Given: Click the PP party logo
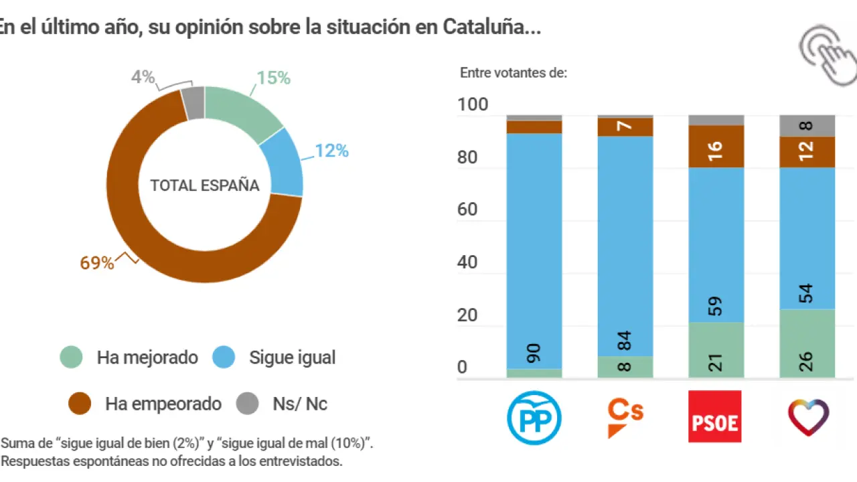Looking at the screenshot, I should point(534,417).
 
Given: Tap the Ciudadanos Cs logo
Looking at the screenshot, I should point(625,417).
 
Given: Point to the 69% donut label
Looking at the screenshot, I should point(97,263).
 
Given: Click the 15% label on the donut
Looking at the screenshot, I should point(274,78).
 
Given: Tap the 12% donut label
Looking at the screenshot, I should point(332,151).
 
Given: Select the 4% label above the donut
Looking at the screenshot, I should point(143,77).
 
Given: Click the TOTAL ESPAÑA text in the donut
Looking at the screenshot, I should point(204,185).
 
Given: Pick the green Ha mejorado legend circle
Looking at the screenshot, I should point(71,357).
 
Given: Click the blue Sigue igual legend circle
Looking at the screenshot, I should point(224,357).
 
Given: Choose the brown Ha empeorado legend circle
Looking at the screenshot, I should point(80,404).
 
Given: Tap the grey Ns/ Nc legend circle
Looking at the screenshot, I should point(247,404).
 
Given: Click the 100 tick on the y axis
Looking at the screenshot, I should point(473,105).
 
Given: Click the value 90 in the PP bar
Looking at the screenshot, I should point(534,353).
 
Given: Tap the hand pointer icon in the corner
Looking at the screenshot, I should point(828,56).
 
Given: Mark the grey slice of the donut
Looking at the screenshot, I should point(193,102).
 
